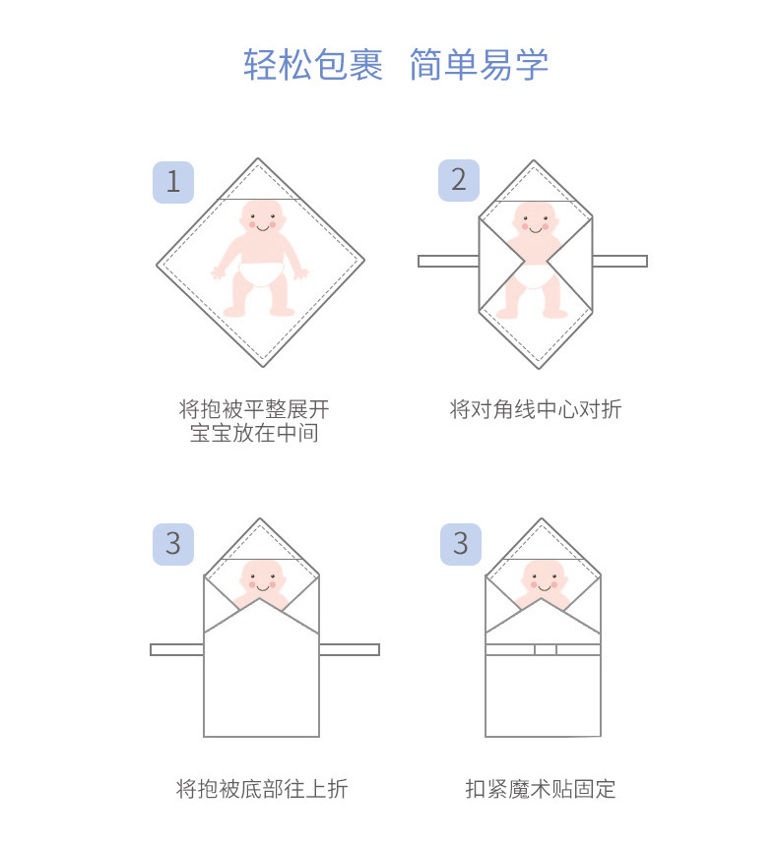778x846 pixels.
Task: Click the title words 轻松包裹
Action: pyautogui.click(x=313, y=65)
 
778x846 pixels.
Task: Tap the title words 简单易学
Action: pyautogui.click(x=479, y=65)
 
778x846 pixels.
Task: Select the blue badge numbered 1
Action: pyautogui.click(x=173, y=182)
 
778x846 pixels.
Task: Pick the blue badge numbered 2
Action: pyautogui.click(x=459, y=180)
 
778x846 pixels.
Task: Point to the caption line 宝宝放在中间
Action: pyautogui.click(x=254, y=433)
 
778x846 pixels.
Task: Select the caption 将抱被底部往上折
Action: pyautogui.click(x=262, y=789)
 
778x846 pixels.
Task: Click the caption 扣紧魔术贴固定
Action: pyautogui.click(x=541, y=789)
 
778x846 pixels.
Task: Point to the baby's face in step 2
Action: pyautogui.click(x=537, y=220)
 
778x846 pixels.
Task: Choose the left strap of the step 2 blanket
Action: pyautogui.click(x=448, y=261)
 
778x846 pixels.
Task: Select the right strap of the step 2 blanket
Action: pyautogui.click(x=619, y=261)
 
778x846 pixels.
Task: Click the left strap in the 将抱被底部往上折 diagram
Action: pyautogui.click(x=177, y=649)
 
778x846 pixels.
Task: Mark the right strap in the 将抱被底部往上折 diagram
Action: pyautogui.click(x=349, y=649)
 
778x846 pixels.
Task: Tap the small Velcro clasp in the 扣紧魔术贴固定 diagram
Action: pyautogui.click(x=546, y=649)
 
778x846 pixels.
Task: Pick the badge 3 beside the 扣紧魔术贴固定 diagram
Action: pyautogui.click(x=459, y=544)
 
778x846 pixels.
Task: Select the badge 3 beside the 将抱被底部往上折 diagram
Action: pyautogui.click(x=173, y=544)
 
